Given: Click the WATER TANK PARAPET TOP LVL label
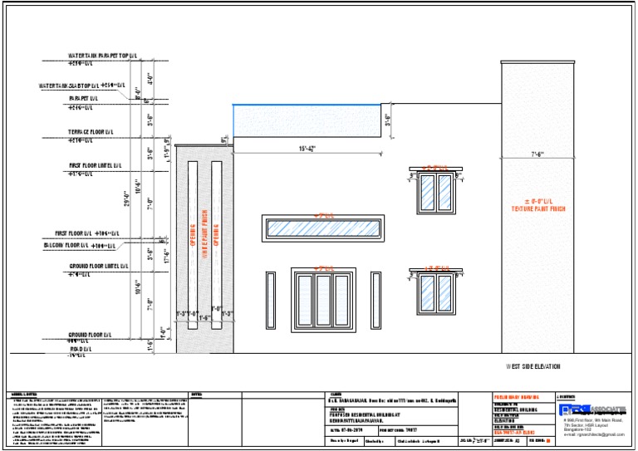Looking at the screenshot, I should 102,56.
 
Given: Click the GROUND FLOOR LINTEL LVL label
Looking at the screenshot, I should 98,267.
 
